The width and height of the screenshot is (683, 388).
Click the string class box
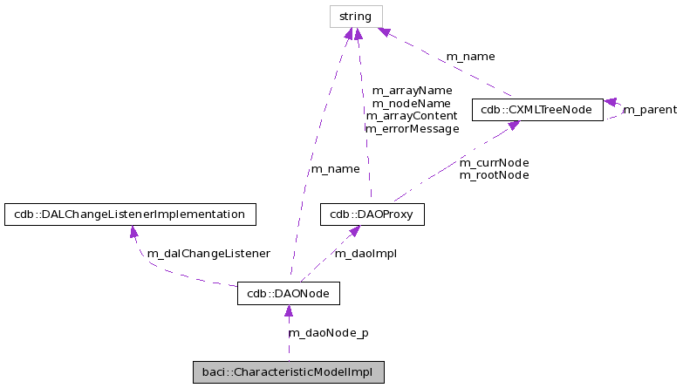click(355, 17)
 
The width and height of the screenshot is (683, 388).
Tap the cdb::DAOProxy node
click(372, 214)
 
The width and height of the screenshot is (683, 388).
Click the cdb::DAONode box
click(288, 294)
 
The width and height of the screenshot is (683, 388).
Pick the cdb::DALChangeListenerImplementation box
click(130, 214)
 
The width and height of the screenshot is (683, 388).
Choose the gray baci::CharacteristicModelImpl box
click(288, 372)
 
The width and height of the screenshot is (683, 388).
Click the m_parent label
click(649, 110)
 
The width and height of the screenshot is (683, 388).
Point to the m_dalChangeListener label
click(208, 253)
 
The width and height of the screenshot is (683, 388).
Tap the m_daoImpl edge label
click(365, 253)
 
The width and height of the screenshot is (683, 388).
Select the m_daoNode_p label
click(328, 332)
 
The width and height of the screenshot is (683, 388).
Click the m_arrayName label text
click(412, 90)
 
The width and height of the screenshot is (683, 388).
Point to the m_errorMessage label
click(412, 128)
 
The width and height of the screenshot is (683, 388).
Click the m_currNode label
click(494, 162)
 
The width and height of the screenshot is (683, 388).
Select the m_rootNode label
click(494, 174)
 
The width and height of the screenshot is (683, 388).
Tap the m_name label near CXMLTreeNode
click(470, 57)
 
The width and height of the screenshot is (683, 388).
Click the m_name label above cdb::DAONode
click(334, 168)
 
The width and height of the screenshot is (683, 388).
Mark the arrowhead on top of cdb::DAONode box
click(288, 311)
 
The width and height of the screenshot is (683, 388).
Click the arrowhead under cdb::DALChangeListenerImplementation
click(132, 232)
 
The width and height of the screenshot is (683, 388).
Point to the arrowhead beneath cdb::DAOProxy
click(353, 232)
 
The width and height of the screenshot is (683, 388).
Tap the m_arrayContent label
click(412, 115)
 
